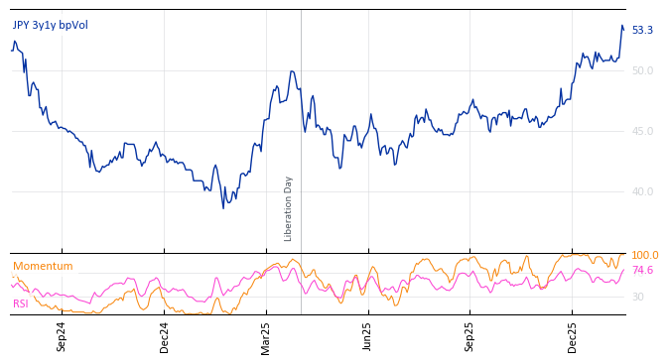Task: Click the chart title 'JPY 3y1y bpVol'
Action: point(51,25)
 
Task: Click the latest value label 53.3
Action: point(642,31)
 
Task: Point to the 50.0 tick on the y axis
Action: point(642,70)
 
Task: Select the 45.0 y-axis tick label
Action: point(642,131)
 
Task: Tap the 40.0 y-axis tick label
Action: point(642,191)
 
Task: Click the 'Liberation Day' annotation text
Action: point(289,208)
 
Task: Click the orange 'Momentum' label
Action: point(43,267)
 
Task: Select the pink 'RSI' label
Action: point(21,304)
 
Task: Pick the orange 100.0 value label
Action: point(644,256)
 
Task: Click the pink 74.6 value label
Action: point(642,271)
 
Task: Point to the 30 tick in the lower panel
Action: point(637,297)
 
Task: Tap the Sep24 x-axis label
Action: point(62,336)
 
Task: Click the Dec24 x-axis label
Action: point(165,336)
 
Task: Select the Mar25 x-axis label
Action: point(266,336)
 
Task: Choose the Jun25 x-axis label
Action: point(368,336)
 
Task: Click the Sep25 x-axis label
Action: point(470,336)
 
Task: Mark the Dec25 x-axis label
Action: point(573,336)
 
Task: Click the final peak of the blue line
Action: point(621,26)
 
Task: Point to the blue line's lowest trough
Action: point(223,207)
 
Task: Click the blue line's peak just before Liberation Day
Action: point(291,71)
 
